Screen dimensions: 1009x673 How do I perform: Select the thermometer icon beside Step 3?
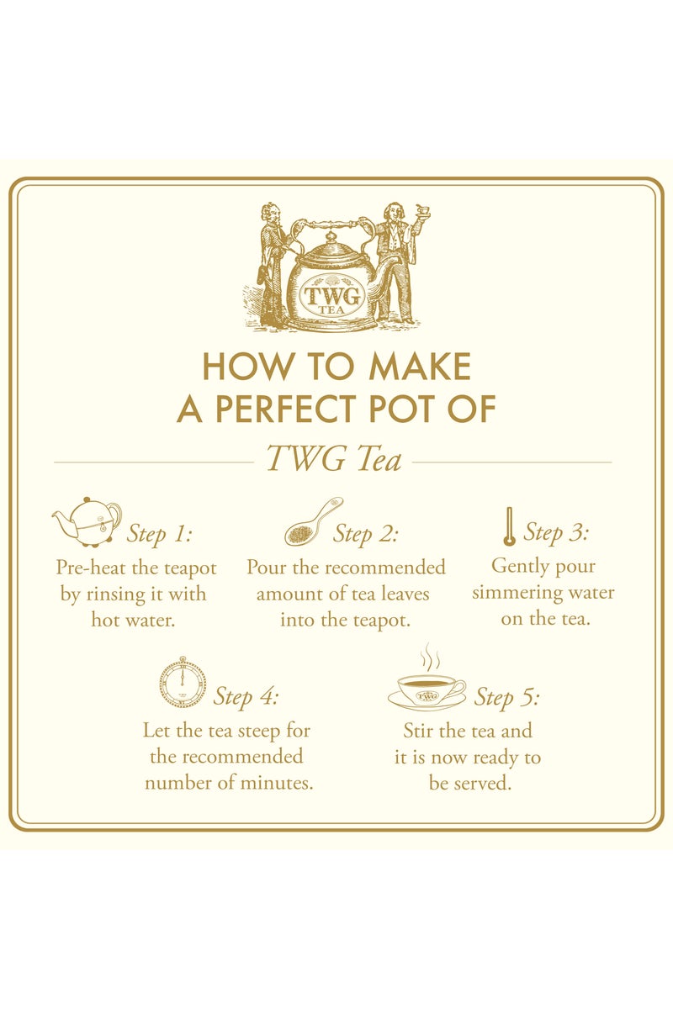pos(508,527)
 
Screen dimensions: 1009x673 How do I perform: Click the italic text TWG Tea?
pos(333,460)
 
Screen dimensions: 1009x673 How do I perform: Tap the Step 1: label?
pos(159,534)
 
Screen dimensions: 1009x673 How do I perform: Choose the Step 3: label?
pos(556,531)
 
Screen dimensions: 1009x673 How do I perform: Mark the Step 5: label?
pos(506,697)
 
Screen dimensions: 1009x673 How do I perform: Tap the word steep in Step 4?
pos(257,730)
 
